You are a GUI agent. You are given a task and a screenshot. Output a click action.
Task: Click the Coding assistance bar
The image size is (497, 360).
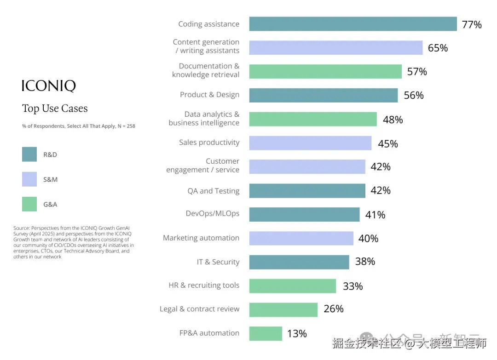click(353, 24)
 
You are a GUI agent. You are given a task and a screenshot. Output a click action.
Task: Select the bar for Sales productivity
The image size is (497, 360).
click(310, 143)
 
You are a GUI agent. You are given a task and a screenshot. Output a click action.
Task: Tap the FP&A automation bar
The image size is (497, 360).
click(266, 333)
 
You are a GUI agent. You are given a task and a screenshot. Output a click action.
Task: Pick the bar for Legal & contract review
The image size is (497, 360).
click(283, 309)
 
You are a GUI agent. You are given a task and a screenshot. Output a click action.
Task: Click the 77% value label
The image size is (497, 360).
click(472, 25)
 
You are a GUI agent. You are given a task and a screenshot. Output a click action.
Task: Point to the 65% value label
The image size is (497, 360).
click(438, 48)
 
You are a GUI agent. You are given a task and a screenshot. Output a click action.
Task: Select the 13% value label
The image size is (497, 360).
click(297, 334)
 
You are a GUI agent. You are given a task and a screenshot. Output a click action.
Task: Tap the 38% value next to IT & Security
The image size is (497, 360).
click(365, 262)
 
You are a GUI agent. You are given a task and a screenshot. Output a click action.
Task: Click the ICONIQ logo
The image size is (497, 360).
click(49, 86)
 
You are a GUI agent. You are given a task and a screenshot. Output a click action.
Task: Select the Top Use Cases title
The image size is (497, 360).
click(55, 109)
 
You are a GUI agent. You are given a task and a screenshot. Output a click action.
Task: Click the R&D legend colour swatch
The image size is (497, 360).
click(29, 154)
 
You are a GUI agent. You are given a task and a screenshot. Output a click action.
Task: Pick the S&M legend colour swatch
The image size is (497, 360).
click(29, 179)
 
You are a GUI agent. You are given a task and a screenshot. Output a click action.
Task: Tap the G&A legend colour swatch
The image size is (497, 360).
click(29, 204)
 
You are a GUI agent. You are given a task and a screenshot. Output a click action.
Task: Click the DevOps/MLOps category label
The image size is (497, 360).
click(212, 213)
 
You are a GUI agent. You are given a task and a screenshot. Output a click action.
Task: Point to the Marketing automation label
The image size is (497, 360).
click(201, 238)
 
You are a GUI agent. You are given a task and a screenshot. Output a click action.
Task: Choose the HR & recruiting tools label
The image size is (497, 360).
click(204, 286)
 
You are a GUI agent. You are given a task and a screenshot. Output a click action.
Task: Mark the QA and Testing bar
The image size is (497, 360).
click(307, 191)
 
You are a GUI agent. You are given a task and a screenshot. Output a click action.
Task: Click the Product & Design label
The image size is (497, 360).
click(209, 95)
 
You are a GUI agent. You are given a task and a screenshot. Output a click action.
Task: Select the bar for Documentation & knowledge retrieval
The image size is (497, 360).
click(325, 71)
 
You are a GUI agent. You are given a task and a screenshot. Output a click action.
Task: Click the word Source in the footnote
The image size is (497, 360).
click(22, 228)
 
